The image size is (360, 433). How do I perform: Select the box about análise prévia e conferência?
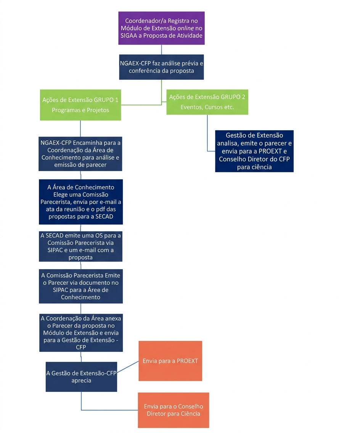[161, 67]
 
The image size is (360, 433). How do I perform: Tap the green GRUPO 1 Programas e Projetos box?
[80, 105]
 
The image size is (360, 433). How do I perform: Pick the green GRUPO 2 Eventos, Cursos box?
[207, 102]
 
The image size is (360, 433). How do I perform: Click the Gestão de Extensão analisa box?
[254, 151]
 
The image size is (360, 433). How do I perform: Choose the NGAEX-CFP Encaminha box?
[80, 154]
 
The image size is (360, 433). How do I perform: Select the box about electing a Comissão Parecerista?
[80, 202]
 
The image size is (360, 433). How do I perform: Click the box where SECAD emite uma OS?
[80, 246]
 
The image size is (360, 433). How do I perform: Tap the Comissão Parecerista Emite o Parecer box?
[80, 286]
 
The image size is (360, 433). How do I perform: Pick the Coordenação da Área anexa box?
[80, 332]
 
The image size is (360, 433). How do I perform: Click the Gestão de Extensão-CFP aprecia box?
[81, 377]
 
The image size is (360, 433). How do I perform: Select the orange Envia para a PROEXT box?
[170, 361]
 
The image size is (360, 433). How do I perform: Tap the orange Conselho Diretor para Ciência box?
[174, 410]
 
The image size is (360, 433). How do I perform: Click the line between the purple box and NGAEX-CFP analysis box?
[161, 50]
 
